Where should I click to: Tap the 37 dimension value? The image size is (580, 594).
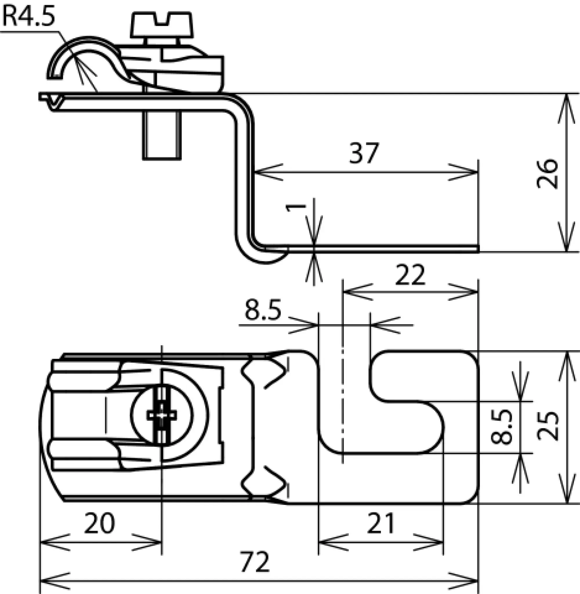coord(364,153)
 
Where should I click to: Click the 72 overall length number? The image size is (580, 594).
coord(255,562)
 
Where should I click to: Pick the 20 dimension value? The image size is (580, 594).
coord(99,523)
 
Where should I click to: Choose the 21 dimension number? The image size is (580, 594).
coord(380,523)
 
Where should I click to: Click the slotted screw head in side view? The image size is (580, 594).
coord(162,25)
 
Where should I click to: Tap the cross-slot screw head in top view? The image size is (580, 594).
coord(162,415)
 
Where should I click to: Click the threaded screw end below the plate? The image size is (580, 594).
coord(162,136)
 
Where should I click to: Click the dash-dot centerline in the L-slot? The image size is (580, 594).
coord(343,405)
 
